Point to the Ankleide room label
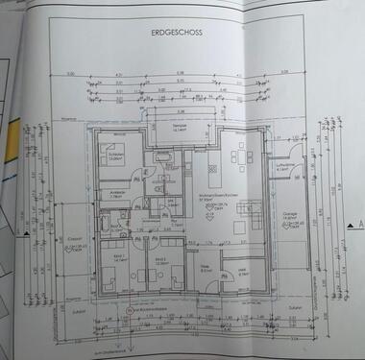(x=121, y=193)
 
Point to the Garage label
(x=289, y=216)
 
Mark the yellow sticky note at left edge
(x=5, y=144)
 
